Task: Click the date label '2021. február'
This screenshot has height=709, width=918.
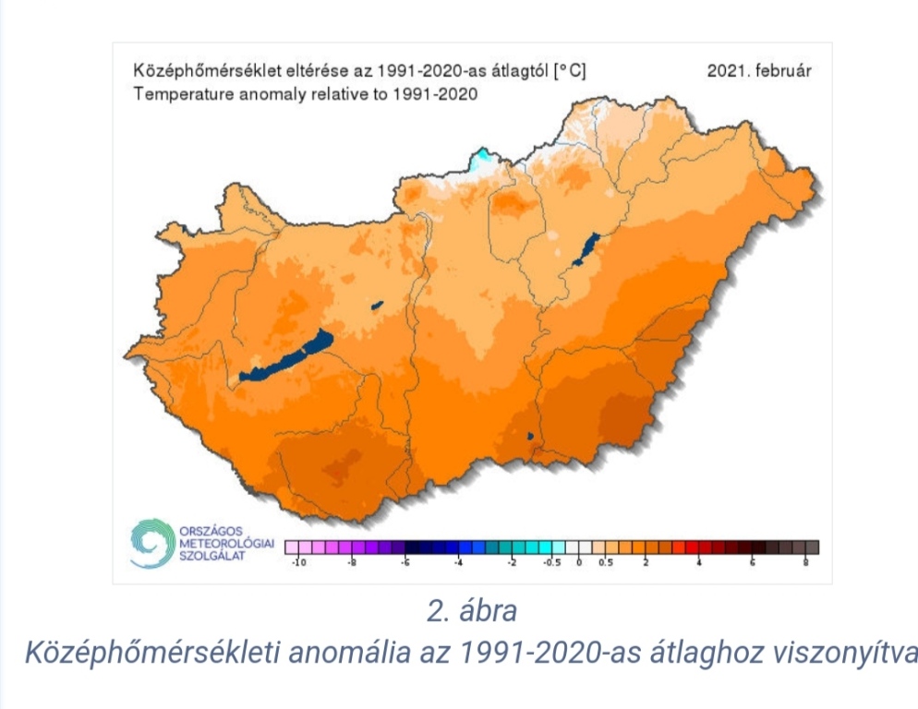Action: [759, 72]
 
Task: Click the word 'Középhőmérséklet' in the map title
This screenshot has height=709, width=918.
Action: [191, 72]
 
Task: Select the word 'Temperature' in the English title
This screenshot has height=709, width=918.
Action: [174, 93]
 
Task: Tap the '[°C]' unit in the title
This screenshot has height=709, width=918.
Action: [569, 72]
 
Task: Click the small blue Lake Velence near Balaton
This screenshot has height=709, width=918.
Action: [377, 305]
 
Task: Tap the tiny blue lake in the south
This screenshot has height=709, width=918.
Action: [530, 436]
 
